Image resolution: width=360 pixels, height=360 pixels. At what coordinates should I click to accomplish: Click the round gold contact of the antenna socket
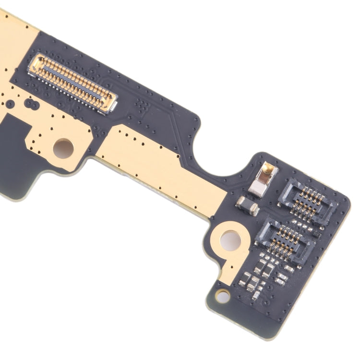click(267, 168)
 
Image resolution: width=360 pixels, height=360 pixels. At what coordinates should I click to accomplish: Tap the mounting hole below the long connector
click(63, 147)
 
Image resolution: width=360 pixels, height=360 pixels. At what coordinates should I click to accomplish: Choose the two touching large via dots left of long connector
click(30, 103)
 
